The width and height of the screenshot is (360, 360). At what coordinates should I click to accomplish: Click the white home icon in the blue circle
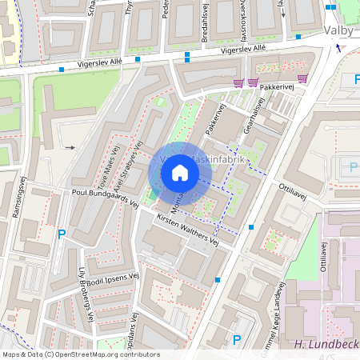tap(180, 173)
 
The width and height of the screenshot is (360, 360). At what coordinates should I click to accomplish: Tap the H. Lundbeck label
tap(324, 345)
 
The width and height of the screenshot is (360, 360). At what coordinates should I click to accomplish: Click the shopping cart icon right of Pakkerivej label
tap(302, 78)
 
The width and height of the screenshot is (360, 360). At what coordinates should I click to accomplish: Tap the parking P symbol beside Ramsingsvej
tap(62, 234)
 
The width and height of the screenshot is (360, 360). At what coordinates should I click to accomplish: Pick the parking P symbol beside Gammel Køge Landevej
tap(236, 340)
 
